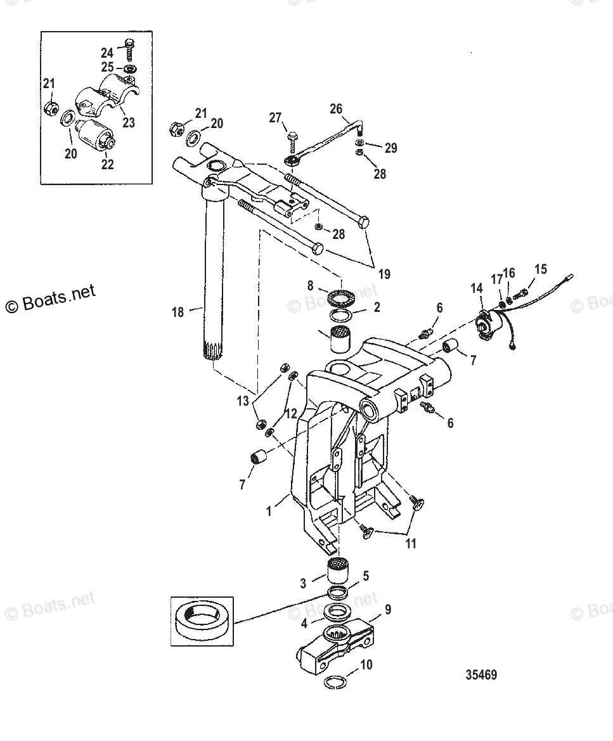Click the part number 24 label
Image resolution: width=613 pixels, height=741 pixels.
click(106, 53)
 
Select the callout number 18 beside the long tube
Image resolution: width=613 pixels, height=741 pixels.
click(177, 311)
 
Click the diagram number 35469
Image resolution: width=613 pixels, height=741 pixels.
click(481, 674)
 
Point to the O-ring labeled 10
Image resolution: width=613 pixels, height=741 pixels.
click(335, 682)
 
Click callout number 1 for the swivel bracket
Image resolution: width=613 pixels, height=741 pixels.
click(269, 511)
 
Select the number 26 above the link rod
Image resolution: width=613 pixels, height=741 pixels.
click(335, 109)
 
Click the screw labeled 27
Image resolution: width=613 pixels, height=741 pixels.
click(292, 136)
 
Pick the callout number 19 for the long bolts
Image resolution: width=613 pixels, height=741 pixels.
click(384, 274)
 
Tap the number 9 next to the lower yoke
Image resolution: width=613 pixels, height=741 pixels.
click(388, 609)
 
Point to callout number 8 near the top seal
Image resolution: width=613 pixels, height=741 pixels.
click(311, 286)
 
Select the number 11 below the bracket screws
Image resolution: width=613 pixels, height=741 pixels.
click(411, 543)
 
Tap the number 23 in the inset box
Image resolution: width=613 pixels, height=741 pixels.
click(129, 122)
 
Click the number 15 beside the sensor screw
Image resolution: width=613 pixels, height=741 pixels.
click(540, 269)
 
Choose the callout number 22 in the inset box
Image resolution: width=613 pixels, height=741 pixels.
click(107, 164)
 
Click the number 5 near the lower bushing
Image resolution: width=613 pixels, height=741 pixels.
click(365, 576)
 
